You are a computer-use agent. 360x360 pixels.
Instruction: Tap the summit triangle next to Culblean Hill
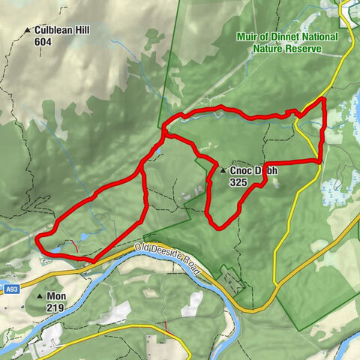coord(28,31)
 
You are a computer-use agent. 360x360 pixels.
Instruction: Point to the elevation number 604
coord(44,42)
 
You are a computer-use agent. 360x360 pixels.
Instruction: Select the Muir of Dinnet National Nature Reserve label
coord(286,43)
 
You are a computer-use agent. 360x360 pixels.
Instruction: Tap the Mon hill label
coord(57,296)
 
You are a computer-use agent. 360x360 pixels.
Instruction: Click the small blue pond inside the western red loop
coord(81,237)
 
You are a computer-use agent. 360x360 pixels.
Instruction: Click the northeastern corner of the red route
coord(323,99)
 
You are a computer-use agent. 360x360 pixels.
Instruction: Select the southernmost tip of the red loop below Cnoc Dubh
coord(218,226)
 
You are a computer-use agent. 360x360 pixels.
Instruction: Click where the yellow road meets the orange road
coord(276,285)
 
